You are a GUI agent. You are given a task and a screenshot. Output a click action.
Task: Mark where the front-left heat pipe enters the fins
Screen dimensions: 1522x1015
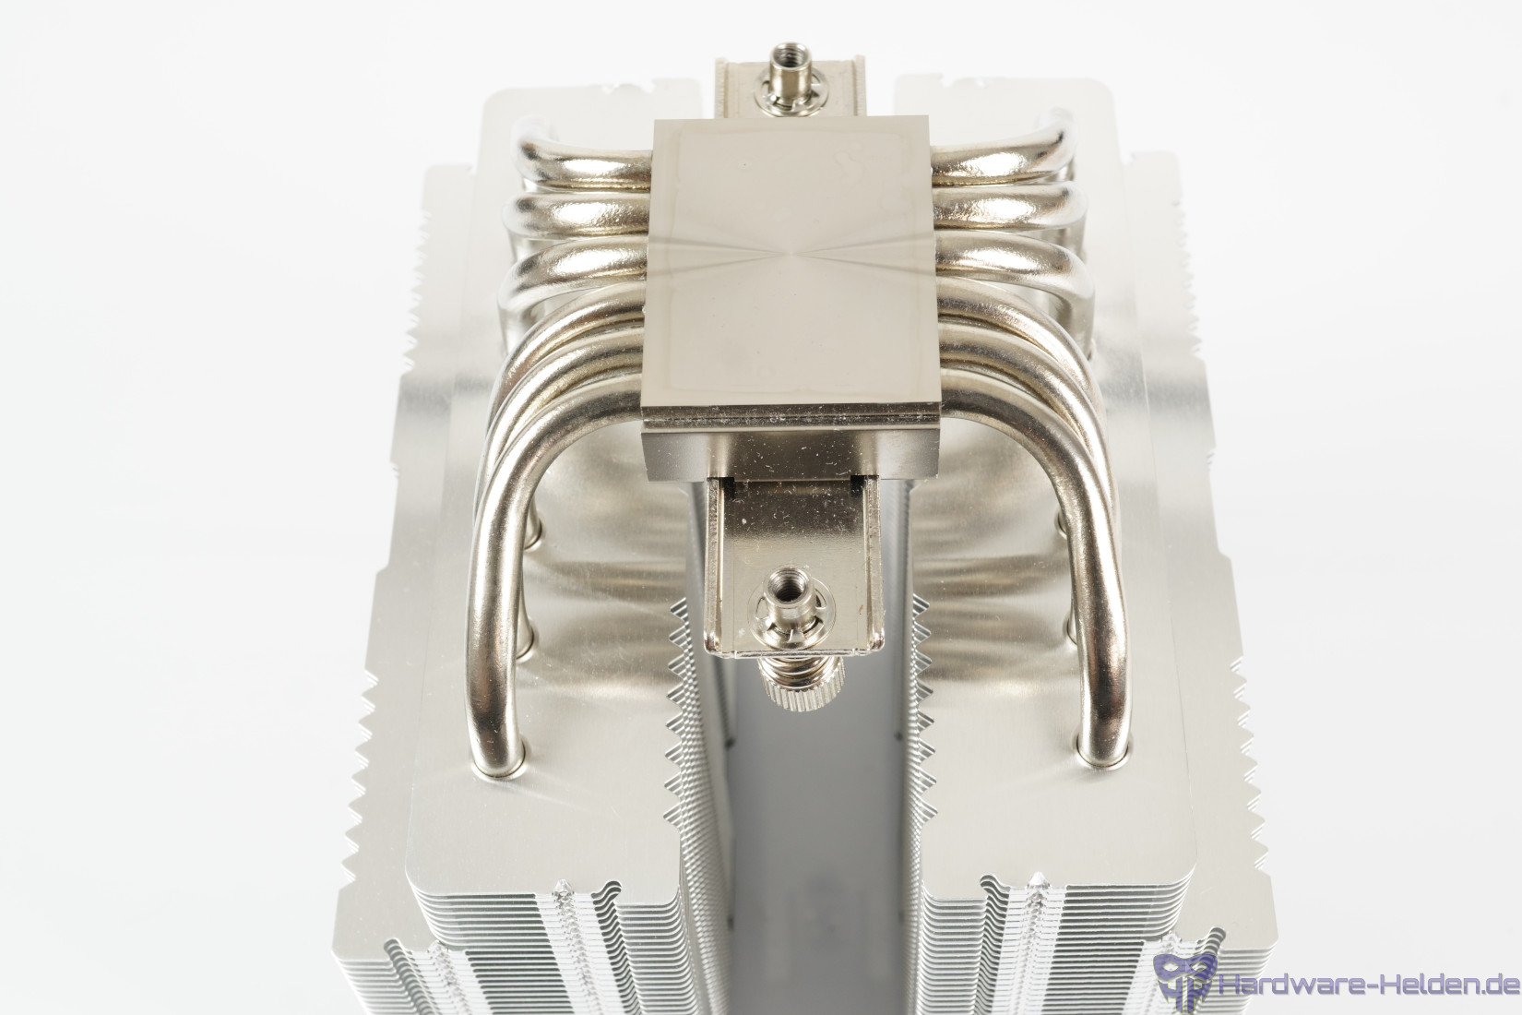tap(502, 765)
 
